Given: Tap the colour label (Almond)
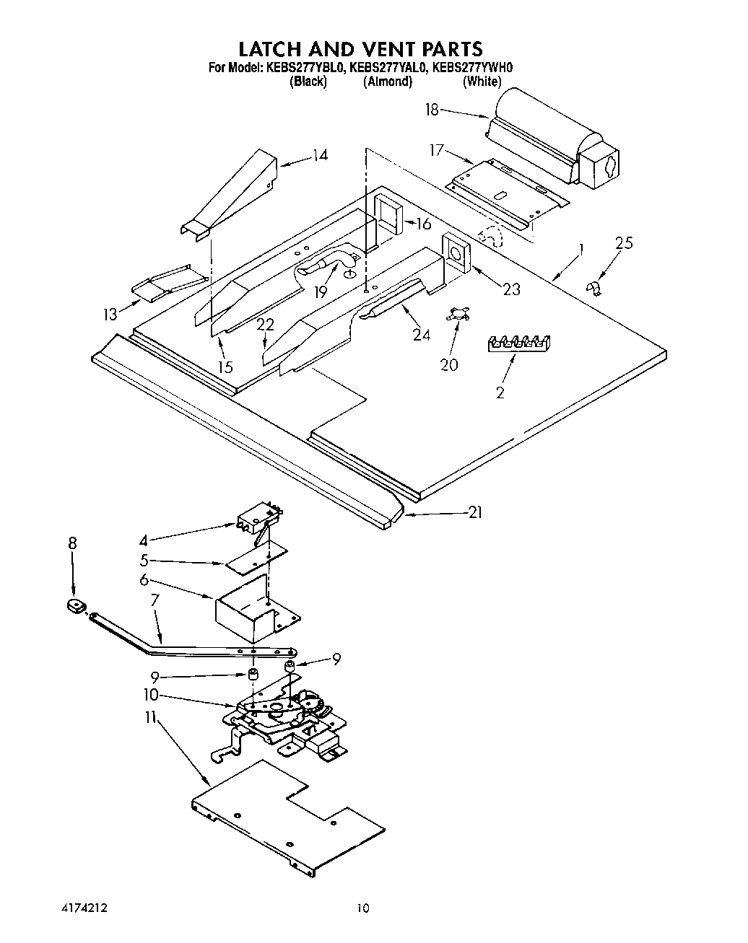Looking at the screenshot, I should point(388,82).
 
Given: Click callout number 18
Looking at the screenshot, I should point(432,110).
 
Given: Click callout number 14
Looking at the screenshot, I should point(320,154).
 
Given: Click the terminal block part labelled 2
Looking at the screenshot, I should point(518,343).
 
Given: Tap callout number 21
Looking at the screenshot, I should point(475,512).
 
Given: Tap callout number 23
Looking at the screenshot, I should point(511,289).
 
